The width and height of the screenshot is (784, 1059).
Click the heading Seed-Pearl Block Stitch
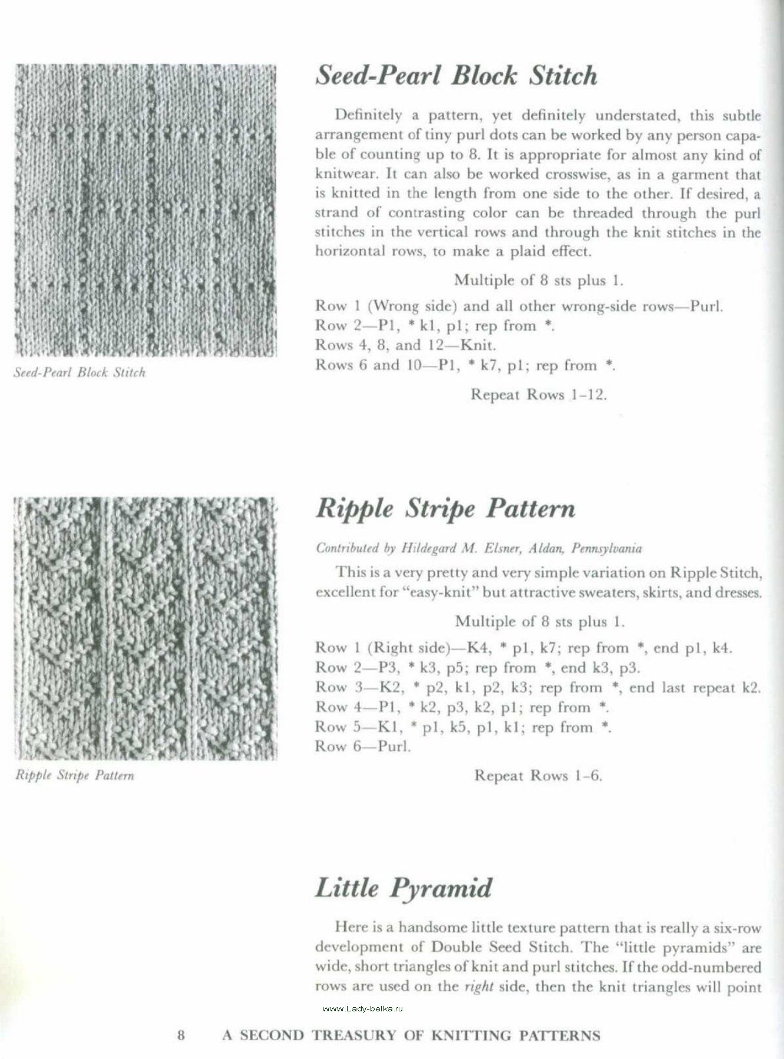point(456,76)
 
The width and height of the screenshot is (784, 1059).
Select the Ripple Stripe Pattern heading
point(445,509)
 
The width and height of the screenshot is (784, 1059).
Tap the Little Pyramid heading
point(403,888)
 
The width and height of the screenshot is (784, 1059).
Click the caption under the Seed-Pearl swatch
point(79,373)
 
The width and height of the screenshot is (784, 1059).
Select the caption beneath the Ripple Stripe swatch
point(75,775)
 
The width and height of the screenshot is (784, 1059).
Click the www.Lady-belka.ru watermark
point(363,1008)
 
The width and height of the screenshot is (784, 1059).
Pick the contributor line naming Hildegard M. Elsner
point(479,548)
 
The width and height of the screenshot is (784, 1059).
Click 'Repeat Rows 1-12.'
point(538,394)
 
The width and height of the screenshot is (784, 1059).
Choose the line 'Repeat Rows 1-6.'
point(539,775)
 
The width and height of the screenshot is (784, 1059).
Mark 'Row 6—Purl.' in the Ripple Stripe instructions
point(363,747)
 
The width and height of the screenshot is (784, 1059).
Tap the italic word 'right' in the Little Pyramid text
point(478,987)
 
